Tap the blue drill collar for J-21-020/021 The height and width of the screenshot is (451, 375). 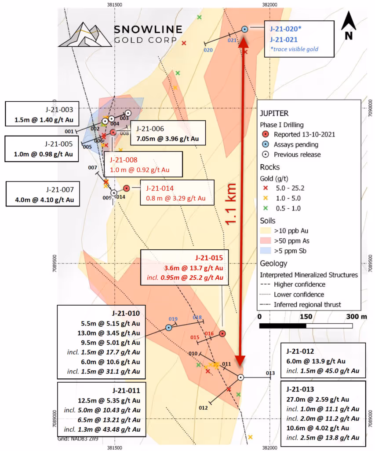tap(245, 29)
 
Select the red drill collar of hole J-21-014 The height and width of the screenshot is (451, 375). tap(127, 188)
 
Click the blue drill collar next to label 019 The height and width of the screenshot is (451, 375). tap(168, 327)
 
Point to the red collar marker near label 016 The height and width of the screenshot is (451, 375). tap(222, 333)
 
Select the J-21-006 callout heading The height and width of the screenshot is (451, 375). tap(150, 129)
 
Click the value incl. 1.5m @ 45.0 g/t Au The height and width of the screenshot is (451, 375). tap(323, 371)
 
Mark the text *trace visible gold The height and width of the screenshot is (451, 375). tap(294, 49)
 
